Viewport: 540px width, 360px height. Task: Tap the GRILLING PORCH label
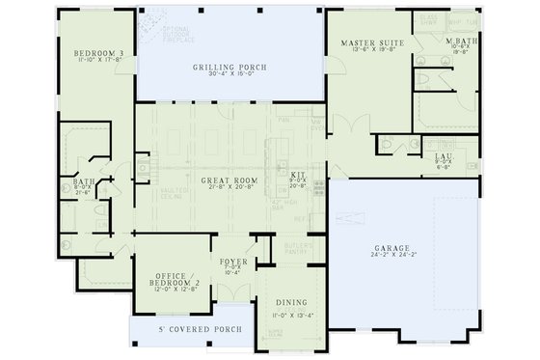pyautogui.click(x=230, y=67)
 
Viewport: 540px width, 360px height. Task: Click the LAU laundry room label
pyautogui.click(x=444, y=155)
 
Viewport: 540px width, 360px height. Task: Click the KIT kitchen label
pyautogui.click(x=298, y=175)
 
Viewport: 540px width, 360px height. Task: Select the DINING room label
pyautogui.click(x=290, y=302)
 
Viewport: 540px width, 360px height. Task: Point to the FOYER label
pyautogui.click(x=234, y=262)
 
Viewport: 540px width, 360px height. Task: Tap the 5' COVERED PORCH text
pyautogui.click(x=200, y=329)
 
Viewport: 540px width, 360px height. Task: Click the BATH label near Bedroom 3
pyautogui.click(x=83, y=180)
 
